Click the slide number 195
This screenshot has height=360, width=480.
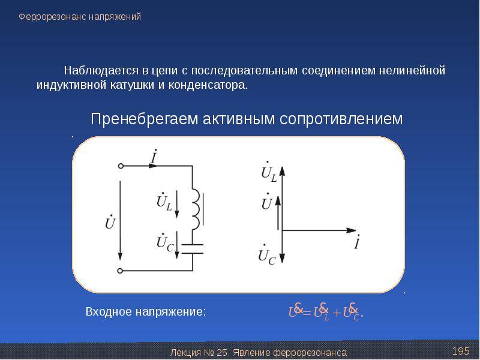click(x=460, y=350)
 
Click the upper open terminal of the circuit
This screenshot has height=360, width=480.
click(x=121, y=166)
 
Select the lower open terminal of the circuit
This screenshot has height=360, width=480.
click(x=121, y=271)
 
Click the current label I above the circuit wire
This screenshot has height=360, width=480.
click(x=154, y=158)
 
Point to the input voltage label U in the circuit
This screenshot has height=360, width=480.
click(x=110, y=223)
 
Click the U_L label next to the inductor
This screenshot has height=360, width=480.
click(x=164, y=202)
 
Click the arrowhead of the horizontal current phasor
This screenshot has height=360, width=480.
click(x=353, y=230)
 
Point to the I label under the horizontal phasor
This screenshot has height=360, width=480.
click(x=356, y=243)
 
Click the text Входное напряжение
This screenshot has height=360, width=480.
click(x=146, y=312)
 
